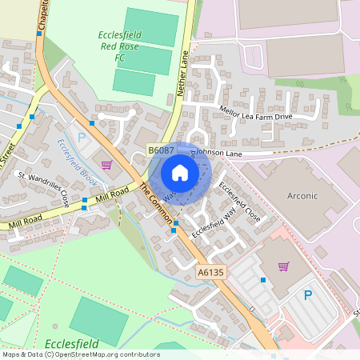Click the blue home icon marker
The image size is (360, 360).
coord(180,173)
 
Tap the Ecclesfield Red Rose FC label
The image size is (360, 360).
coord(121,46)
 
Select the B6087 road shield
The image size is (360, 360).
coord(160,150)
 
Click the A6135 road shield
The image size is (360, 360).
coord(211,273)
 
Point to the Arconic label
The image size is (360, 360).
coord(302,196)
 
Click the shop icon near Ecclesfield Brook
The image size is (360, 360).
coord(106,165)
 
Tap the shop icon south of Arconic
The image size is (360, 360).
coord(282,266)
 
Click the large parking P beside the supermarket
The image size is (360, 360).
coord(308,296)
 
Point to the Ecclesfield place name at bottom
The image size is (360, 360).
coord(72,343)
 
